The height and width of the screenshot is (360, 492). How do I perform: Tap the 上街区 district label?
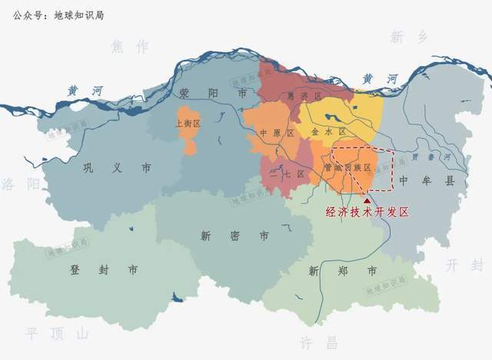click(188, 123)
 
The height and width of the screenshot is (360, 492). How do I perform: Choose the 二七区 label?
click(288, 174)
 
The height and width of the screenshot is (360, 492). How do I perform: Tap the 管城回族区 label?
click(347, 167)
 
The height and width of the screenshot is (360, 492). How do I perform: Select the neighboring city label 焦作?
click(129, 47)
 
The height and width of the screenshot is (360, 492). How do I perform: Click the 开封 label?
click(465, 265)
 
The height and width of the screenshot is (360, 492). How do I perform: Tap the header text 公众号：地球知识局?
click(59, 15)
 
